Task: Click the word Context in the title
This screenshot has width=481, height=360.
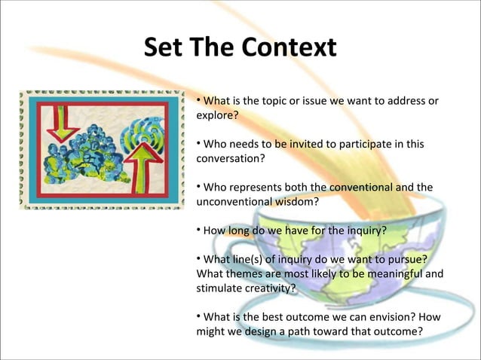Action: coord(289,48)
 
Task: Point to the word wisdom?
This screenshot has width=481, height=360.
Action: coord(298,202)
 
